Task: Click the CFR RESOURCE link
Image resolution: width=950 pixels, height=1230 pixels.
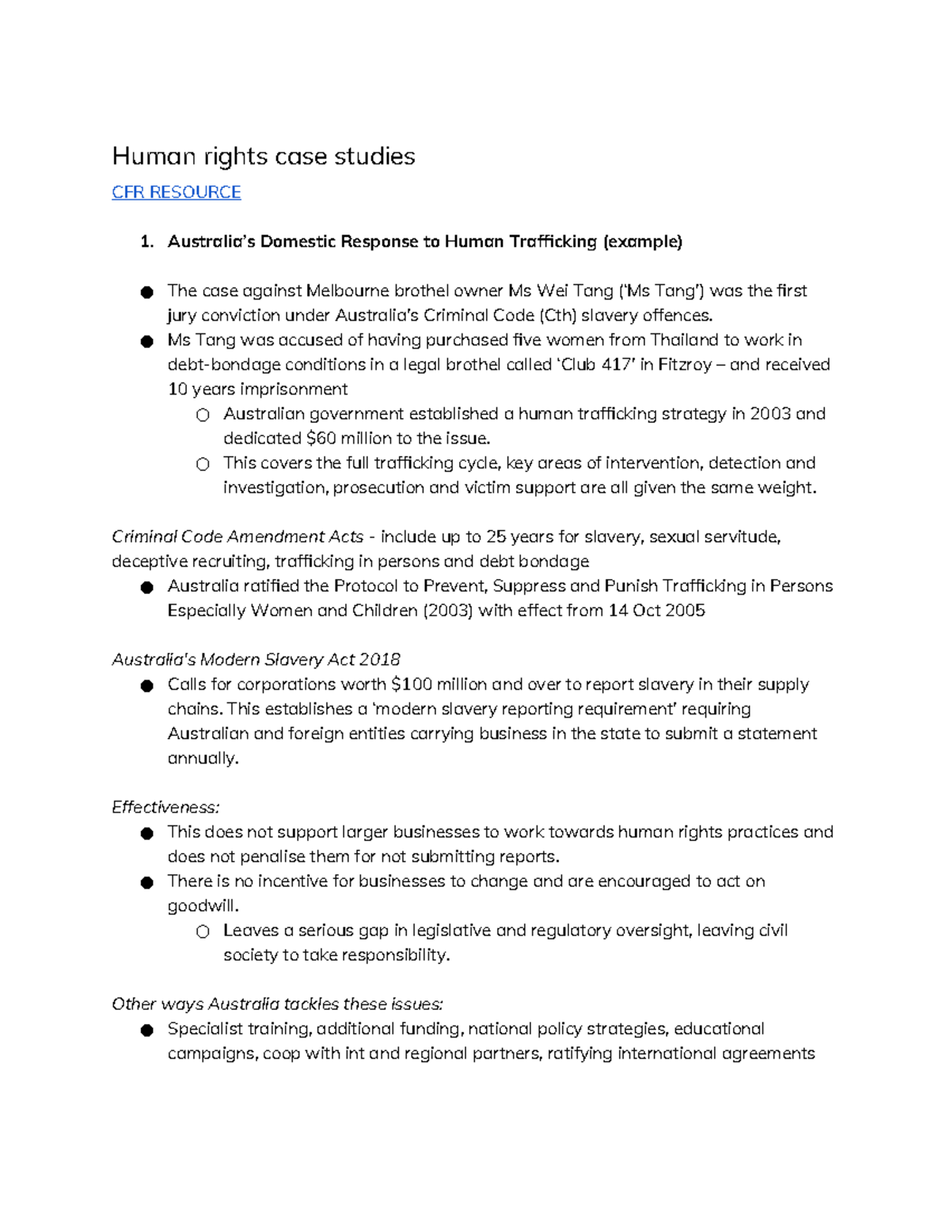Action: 176,192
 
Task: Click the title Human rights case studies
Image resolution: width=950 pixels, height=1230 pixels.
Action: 263,156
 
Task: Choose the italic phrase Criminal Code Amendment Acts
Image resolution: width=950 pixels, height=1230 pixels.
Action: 237,537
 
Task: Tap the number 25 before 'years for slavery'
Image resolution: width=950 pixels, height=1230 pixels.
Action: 496,537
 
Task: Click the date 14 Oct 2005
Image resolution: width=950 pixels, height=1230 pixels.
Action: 656,611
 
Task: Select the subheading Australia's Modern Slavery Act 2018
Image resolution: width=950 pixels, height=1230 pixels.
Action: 256,660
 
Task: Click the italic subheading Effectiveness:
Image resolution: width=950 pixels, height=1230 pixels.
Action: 165,808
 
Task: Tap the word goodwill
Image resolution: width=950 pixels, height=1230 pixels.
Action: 203,906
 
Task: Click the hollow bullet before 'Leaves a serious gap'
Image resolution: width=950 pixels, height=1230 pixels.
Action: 203,932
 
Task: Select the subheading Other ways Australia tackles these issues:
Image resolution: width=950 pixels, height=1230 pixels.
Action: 277,1004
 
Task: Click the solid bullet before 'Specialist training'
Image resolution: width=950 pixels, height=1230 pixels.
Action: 146,1030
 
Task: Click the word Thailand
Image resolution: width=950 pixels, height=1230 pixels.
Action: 684,340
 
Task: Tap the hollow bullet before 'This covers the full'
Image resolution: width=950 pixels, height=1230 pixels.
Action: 203,464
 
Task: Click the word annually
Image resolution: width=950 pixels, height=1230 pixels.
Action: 202,759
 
